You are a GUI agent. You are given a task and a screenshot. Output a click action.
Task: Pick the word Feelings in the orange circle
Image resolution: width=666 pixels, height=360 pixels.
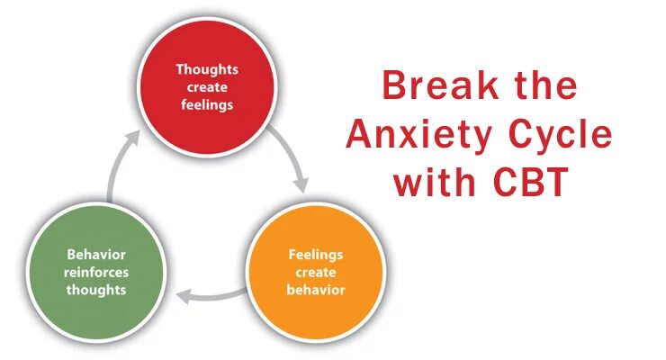[x=315, y=255]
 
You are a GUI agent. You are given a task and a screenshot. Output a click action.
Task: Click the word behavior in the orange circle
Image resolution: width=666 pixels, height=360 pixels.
[x=315, y=290]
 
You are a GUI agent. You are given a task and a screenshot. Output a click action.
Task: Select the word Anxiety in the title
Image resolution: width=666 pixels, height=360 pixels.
[x=415, y=135]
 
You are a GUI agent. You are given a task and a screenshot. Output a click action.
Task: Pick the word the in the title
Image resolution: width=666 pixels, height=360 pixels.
[x=539, y=86]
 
